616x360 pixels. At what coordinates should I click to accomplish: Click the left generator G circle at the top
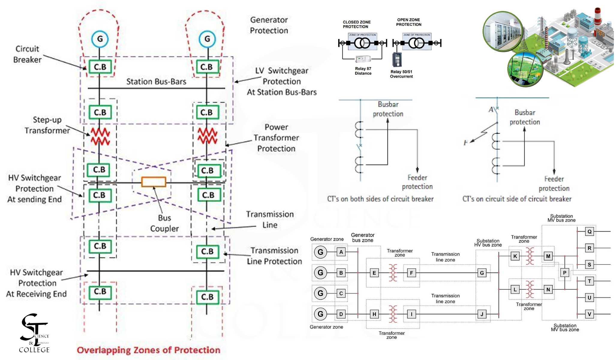click(x=100, y=39)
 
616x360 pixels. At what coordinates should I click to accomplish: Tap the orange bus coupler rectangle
click(x=154, y=182)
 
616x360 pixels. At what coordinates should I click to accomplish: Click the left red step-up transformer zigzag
click(x=100, y=136)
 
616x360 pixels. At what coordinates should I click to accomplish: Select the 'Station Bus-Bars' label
click(x=156, y=82)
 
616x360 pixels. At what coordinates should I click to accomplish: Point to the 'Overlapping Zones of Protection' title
click(x=148, y=350)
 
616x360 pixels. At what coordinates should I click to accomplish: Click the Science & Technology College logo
click(x=34, y=333)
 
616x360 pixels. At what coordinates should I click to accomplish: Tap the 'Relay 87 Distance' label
click(x=363, y=71)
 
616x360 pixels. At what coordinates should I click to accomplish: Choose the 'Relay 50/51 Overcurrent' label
click(x=401, y=74)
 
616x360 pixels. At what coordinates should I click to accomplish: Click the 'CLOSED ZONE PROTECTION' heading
click(x=357, y=24)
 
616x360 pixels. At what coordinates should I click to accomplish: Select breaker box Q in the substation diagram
click(x=589, y=232)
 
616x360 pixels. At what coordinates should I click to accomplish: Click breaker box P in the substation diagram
click(x=564, y=273)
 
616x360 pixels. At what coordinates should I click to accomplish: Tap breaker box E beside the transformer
click(x=374, y=273)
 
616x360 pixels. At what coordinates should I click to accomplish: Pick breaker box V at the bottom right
click(x=589, y=314)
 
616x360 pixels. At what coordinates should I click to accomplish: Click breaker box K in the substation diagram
click(x=515, y=256)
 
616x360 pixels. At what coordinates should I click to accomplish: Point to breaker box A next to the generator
click(x=341, y=252)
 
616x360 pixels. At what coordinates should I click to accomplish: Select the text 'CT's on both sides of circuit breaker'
click(x=380, y=199)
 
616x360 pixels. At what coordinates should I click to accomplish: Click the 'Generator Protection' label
click(x=269, y=25)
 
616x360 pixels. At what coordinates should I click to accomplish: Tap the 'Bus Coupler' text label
click(x=164, y=223)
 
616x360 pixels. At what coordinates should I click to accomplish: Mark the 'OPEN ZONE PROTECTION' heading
click(x=408, y=22)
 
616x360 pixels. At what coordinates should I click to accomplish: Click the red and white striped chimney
click(x=597, y=15)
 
